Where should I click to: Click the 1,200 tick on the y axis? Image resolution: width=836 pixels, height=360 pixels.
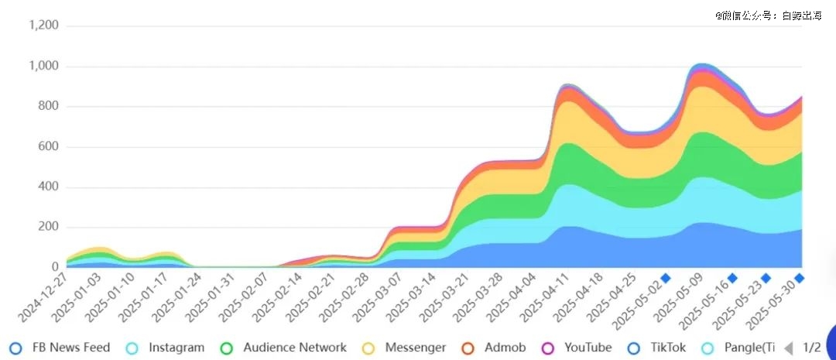(43, 26)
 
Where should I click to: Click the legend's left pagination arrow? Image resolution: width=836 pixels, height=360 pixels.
(789, 348)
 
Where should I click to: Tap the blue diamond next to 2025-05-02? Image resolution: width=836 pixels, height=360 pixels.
(665, 278)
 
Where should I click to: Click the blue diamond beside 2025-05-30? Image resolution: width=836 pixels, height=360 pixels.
(800, 278)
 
